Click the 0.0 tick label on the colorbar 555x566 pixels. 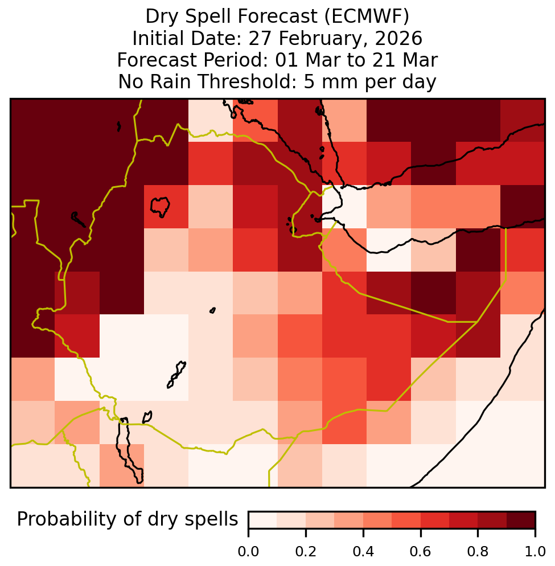[x=248, y=552]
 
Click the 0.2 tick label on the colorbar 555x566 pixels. [x=306, y=552]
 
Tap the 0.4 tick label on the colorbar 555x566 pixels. [x=363, y=552]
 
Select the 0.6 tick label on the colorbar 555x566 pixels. [x=421, y=552]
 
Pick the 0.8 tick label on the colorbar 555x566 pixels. [x=478, y=552]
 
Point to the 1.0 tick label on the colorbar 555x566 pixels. [x=535, y=552]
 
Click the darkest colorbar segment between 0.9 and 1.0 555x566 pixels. [x=521, y=520]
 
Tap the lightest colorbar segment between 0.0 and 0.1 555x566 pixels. [x=263, y=520]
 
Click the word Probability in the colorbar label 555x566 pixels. [x=68, y=520]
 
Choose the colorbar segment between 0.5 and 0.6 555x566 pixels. [x=406, y=520]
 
